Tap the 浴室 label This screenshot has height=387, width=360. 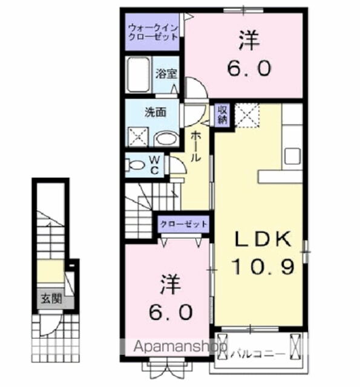[x=166, y=74]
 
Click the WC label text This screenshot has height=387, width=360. [x=155, y=164]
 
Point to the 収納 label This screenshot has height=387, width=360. [x=223, y=114]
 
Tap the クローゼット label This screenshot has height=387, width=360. [x=183, y=224]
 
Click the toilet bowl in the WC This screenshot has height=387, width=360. [x=137, y=164]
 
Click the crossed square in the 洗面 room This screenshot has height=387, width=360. [x=138, y=137]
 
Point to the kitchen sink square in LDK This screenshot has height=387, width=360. [x=293, y=155]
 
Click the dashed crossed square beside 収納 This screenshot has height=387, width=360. [x=247, y=115]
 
